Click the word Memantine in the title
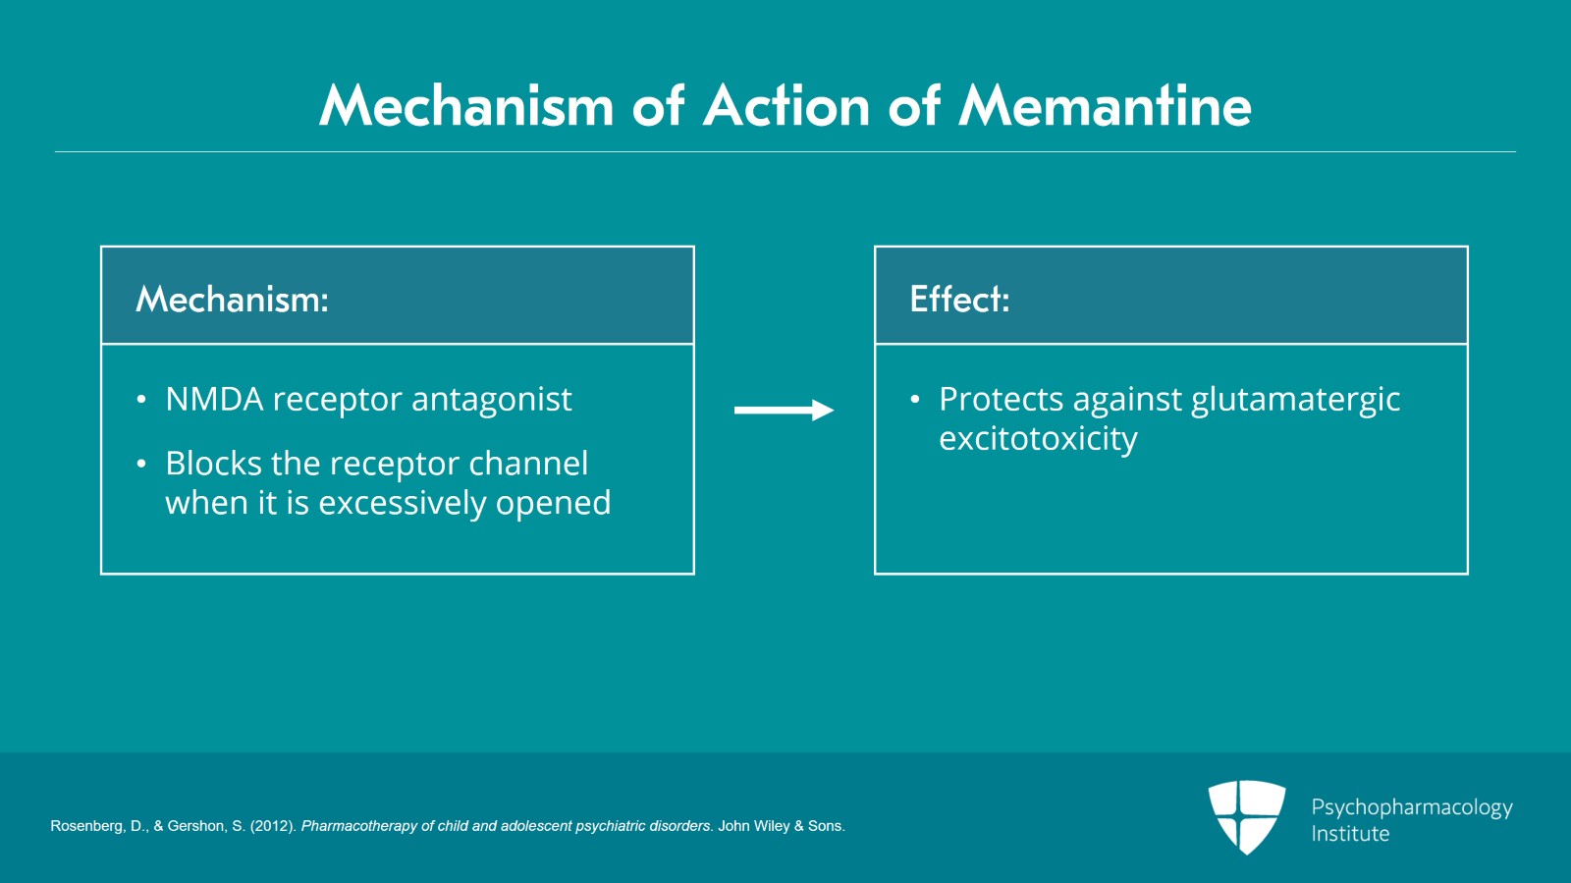pyautogui.click(x=1105, y=106)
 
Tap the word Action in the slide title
pyautogui.click(x=786, y=106)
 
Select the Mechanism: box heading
pyautogui.click(x=232, y=299)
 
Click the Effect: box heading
pyautogui.click(x=959, y=299)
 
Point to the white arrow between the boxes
pyautogui.click(x=784, y=410)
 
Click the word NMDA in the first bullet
pyautogui.click(x=214, y=400)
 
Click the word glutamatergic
pyautogui.click(x=1295, y=401)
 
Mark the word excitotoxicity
pyautogui.click(x=1038, y=439)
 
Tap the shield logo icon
pyautogui.click(x=1246, y=816)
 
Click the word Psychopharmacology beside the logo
pyautogui.click(x=1411, y=807)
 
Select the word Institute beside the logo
pyautogui.click(x=1350, y=834)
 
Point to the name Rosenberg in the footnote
pyautogui.click(x=86, y=826)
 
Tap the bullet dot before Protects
pyautogui.click(x=915, y=400)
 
